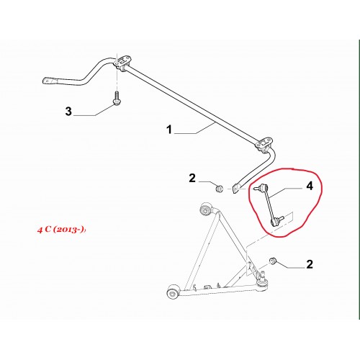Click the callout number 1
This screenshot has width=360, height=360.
pos(169,130)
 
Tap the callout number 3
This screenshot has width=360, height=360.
pos(68,112)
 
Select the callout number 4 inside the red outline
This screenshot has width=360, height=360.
pos(310,186)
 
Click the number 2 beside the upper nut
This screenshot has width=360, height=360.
pos(192,179)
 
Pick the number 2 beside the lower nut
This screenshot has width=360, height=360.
pos(310,264)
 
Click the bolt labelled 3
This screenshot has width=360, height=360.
pos(117,99)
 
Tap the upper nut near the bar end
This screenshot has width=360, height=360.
pos(219,189)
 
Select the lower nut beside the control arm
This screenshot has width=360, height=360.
pos(273,261)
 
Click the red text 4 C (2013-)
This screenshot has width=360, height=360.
pos(61,230)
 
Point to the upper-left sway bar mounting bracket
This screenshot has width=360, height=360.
pos(123,62)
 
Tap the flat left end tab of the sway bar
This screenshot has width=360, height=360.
pos(50,81)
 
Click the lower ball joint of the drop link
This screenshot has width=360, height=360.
pos(275,221)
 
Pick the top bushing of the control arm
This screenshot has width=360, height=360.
pos(206,209)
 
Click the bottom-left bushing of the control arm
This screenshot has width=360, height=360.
pos(173,292)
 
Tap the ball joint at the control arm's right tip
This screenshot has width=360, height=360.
pos(263,280)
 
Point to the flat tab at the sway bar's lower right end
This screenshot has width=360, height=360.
pos(236,189)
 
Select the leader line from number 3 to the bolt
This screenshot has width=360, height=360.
pos(93,110)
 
